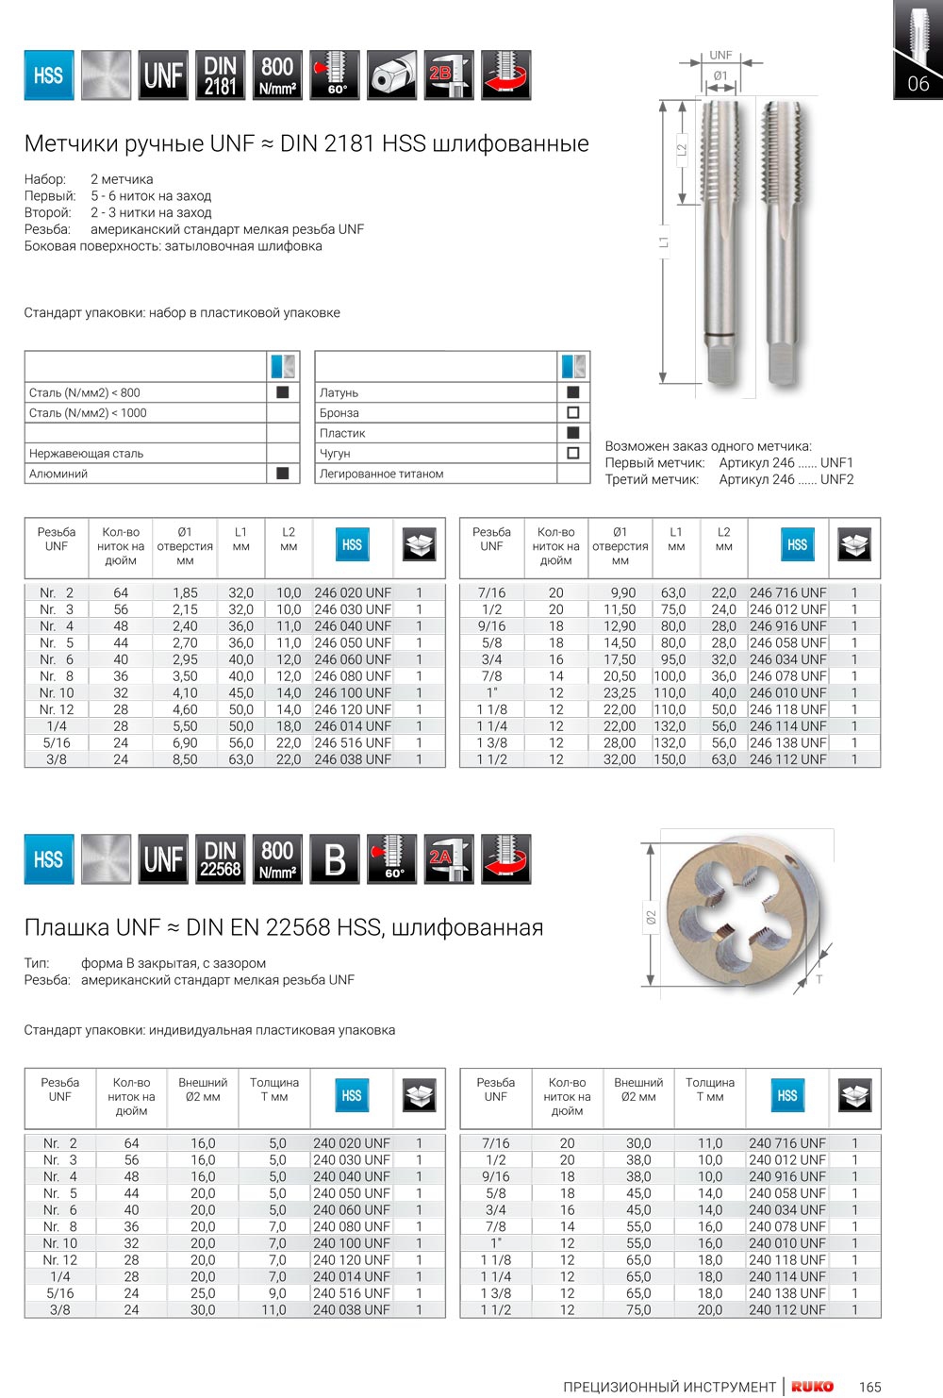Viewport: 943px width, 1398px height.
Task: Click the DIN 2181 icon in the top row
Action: tap(220, 75)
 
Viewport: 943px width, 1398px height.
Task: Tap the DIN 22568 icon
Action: tap(220, 859)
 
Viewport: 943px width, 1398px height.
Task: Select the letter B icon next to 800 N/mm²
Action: tap(335, 859)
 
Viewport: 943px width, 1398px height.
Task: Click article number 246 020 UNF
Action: tap(353, 592)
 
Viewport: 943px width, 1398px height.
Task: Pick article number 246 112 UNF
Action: tap(787, 759)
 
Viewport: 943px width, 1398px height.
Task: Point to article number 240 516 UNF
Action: tap(351, 1293)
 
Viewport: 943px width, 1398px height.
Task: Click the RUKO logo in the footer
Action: tap(812, 1386)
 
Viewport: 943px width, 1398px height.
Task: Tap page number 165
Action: tap(869, 1387)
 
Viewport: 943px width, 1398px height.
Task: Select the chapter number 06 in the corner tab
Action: tap(918, 84)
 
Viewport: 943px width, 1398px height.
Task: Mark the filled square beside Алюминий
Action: tap(282, 474)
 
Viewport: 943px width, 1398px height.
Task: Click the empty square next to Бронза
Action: tap(572, 413)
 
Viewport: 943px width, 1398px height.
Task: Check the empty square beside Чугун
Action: tap(572, 454)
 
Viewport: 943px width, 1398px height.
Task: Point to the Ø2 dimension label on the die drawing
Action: tap(651, 917)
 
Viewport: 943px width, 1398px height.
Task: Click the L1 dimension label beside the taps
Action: tap(664, 242)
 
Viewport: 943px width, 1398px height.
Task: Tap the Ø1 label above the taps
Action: tap(720, 75)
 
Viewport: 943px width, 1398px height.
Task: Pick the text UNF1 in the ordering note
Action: tap(836, 463)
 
